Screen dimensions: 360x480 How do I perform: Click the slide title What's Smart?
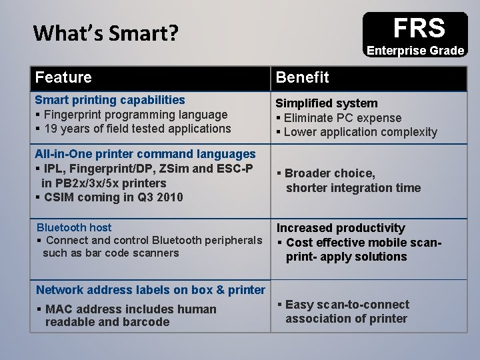click(x=105, y=33)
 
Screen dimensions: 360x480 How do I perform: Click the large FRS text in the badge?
click(x=418, y=28)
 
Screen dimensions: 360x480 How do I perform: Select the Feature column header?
click(x=64, y=77)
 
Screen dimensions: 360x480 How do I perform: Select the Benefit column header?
click(x=303, y=77)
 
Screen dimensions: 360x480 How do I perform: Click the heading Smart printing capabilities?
click(x=110, y=100)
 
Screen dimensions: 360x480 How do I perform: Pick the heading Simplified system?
click(x=327, y=103)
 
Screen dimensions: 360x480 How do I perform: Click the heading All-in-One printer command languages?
click(x=145, y=154)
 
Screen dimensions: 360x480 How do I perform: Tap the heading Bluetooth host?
click(x=74, y=228)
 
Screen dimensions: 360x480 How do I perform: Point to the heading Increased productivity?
click(x=341, y=228)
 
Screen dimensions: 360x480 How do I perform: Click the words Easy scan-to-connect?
click(x=347, y=305)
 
